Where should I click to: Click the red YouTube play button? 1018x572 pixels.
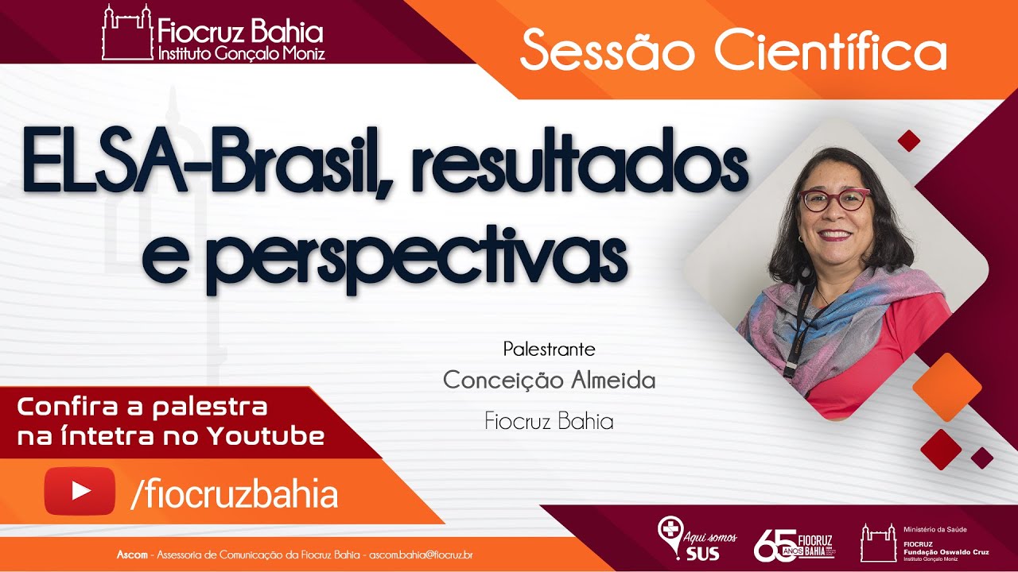(80, 491)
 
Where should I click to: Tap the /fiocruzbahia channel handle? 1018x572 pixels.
(234, 494)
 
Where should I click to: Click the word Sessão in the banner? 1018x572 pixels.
(609, 52)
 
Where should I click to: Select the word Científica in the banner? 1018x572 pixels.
(830, 52)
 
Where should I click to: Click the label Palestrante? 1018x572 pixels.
(549, 349)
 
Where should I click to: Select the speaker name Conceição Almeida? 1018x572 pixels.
(549, 381)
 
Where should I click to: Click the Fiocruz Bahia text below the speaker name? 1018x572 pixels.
(549, 421)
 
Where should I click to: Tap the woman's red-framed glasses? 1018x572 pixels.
(834, 199)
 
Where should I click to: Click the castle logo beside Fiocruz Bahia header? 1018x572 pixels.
(126, 33)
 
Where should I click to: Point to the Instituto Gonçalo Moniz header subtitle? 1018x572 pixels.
(241, 54)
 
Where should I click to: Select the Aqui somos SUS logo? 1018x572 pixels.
(697, 539)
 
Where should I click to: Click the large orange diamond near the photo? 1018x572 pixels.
(947, 387)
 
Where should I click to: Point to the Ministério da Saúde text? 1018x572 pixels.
(935, 528)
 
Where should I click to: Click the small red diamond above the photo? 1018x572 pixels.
(908, 141)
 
